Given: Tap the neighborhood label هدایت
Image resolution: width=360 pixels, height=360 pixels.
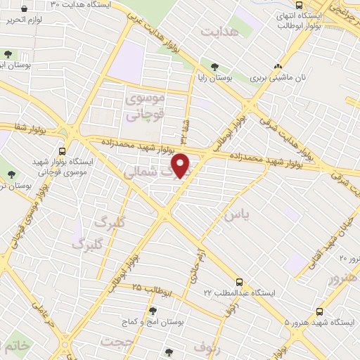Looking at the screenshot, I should (219, 32).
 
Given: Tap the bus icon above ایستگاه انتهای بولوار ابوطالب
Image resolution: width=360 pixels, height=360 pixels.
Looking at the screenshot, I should (299, 5).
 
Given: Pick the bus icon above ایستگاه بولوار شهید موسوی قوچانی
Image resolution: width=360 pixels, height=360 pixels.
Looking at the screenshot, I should (63, 150).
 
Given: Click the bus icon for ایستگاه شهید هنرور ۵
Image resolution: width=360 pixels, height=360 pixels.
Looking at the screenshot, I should (321, 310).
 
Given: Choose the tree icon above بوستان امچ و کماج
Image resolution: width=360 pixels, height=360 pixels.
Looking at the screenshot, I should (152, 310).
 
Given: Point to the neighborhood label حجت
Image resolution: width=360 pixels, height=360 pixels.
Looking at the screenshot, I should (116, 341).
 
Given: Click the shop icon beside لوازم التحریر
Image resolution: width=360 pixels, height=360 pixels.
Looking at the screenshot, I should (25, 10).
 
